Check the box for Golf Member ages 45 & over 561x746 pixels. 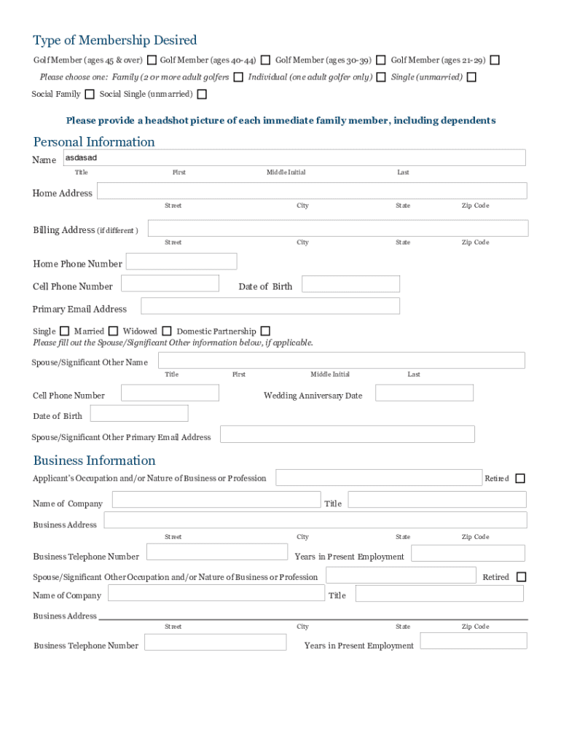[152, 60]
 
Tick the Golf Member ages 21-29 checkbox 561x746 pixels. [495, 60]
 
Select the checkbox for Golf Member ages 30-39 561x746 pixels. [381, 60]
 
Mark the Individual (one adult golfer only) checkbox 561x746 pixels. [381, 77]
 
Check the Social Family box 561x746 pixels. [90, 94]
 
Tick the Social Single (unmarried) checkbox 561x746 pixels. [202, 94]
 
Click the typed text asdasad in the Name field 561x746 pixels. [81, 157]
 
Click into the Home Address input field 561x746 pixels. [312, 191]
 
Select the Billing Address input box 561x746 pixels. [338, 229]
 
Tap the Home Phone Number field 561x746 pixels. [181, 262]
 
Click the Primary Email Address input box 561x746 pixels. [270, 306]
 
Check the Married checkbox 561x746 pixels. [113, 331]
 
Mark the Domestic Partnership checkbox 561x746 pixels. [265, 331]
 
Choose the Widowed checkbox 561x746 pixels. [167, 331]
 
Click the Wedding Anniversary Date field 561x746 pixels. [424, 393]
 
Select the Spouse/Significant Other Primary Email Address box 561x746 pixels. [348, 434]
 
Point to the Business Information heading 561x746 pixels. [94, 460]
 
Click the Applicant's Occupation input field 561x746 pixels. [379, 478]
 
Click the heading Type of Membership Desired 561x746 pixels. [114, 40]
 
